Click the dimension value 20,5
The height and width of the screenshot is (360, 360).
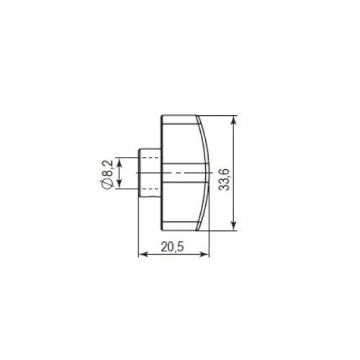pyautogui.click(x=172, y=246)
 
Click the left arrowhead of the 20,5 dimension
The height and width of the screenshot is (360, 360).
pyautogui.click(x=141, y=254)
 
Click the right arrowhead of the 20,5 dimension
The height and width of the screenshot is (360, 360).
pyautogui.click(x=206, y=254)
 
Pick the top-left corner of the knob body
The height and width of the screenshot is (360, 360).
pyautogui.click(x=161, y=116)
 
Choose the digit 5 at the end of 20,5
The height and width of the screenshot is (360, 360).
pyautogui.click(x=180, y=246)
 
